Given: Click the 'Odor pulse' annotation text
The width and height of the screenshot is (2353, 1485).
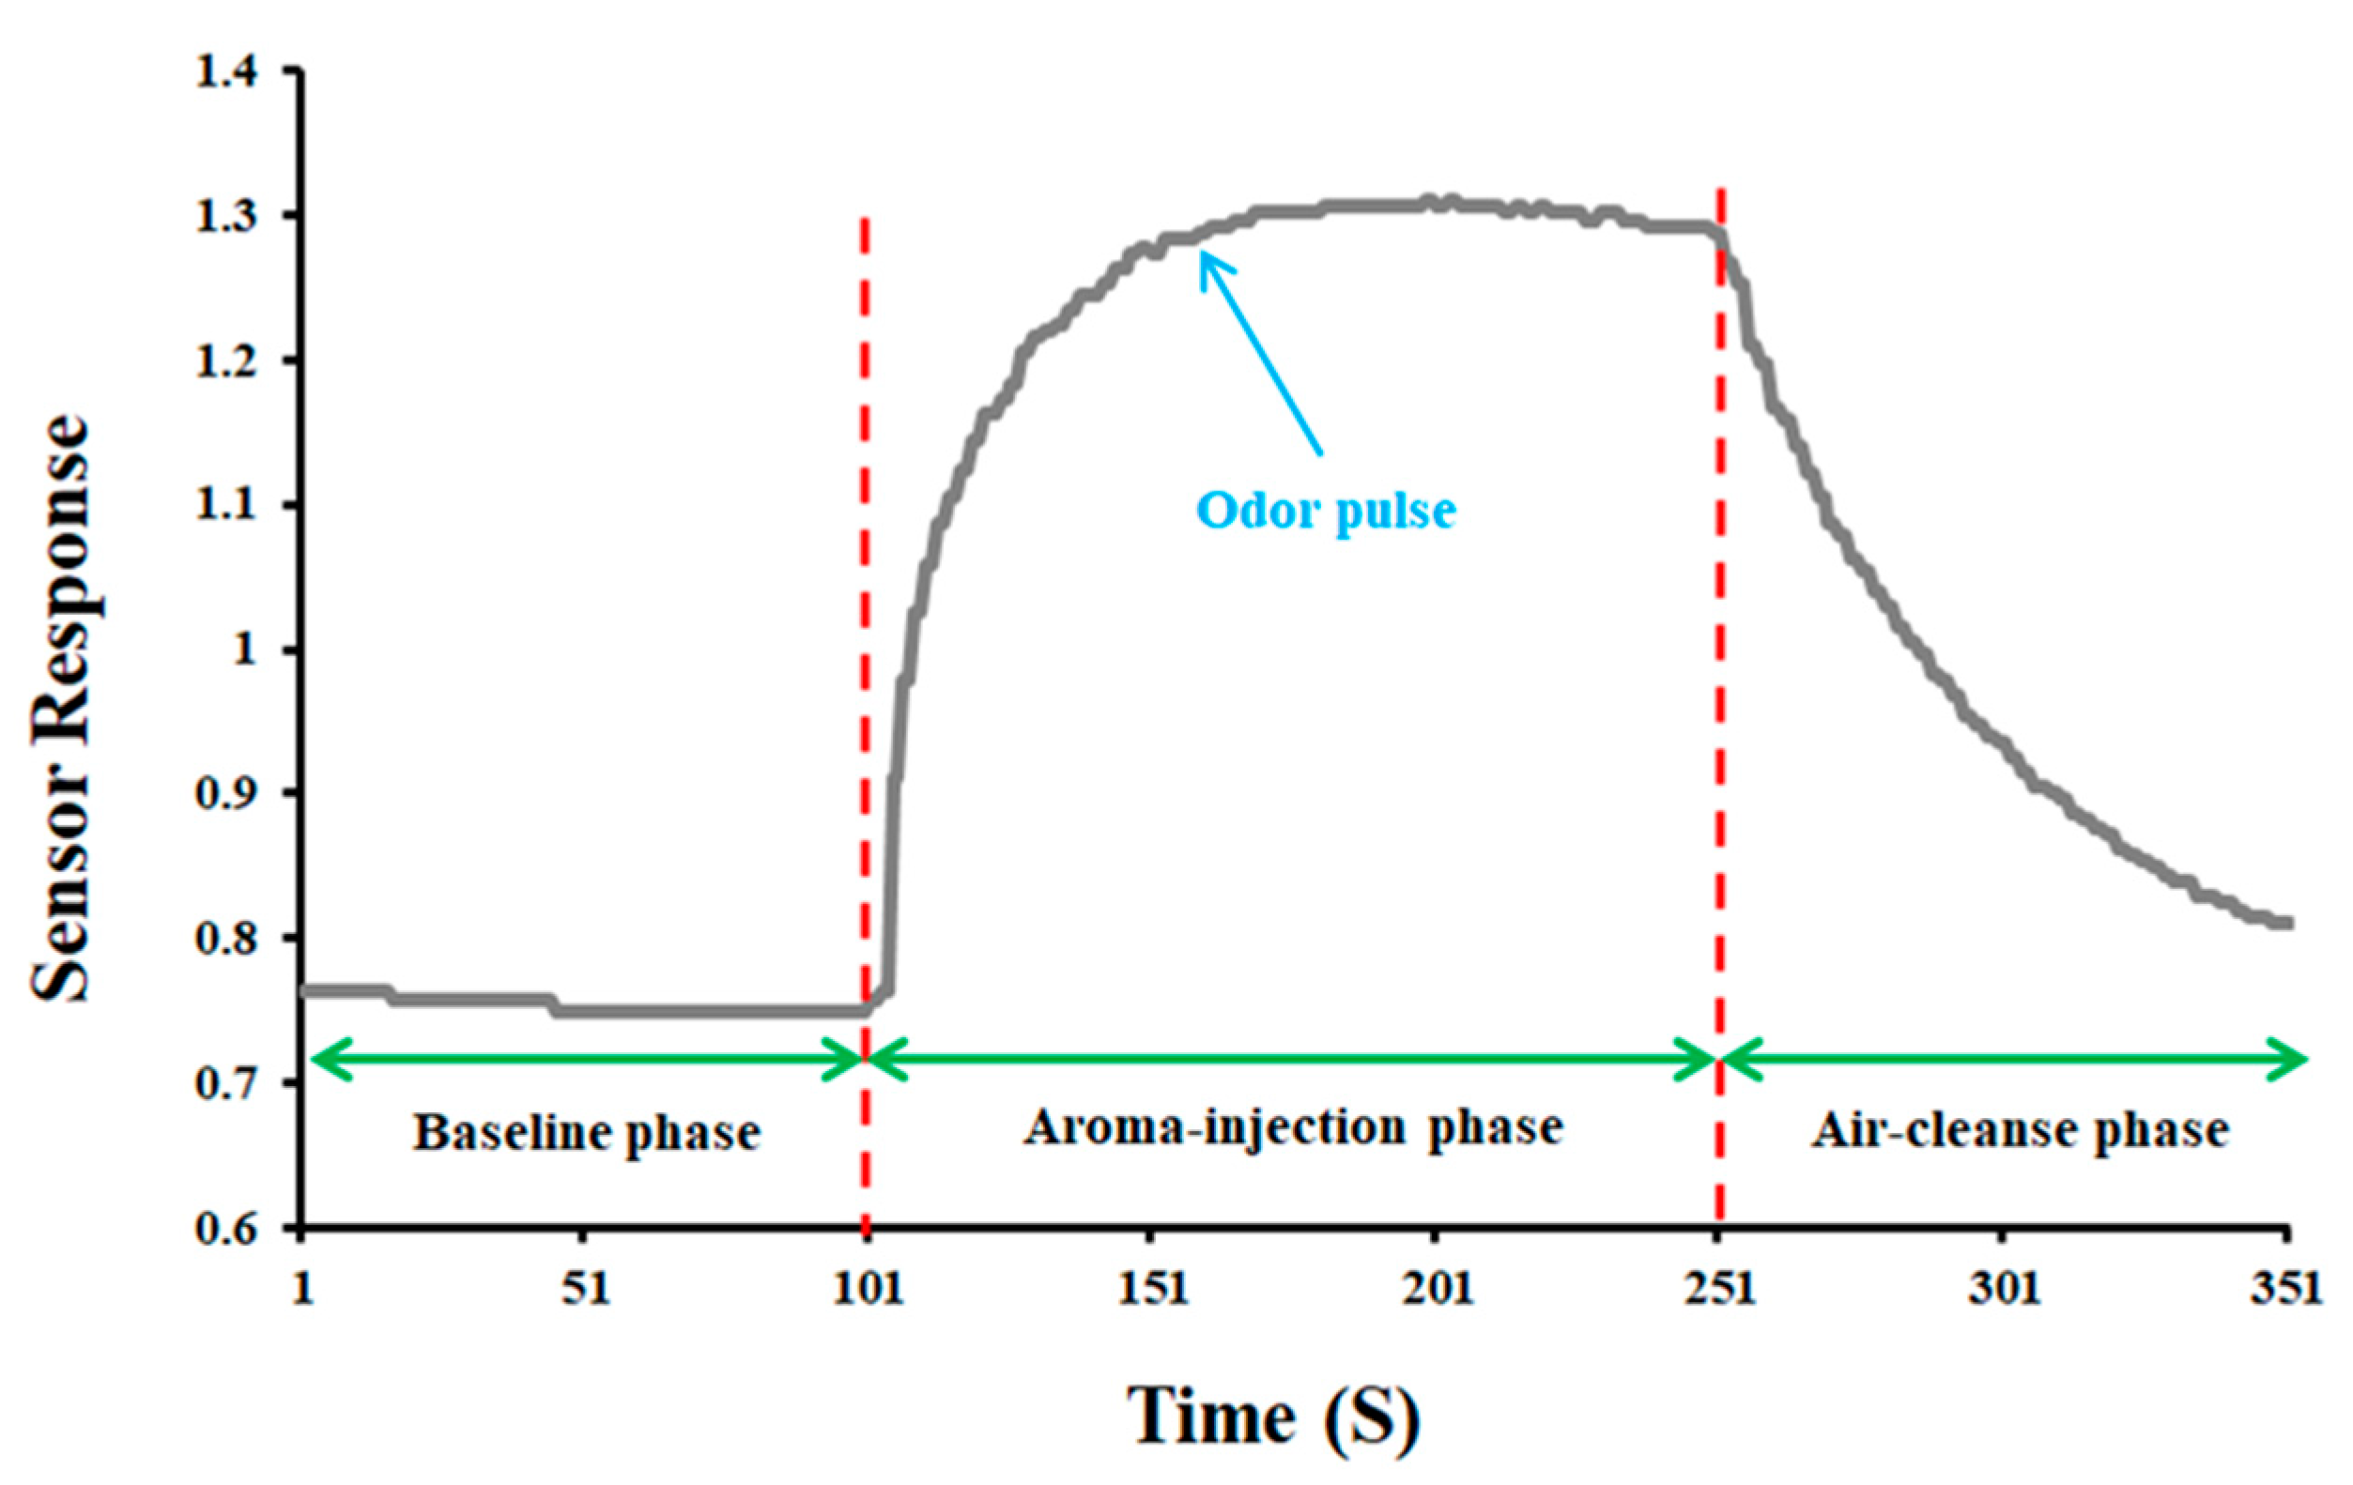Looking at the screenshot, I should pyautogui.click(x=1326, y=510).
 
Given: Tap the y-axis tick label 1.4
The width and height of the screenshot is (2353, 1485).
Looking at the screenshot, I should pyautogui.click(x=226, y=72).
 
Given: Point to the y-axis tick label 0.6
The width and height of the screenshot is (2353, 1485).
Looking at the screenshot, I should pyautogui.click(x=226, y=1228).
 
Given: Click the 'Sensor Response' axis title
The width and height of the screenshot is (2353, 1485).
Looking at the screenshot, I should pyautogui.click(x=61, y=709).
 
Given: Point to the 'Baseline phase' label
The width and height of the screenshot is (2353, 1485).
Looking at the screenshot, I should pyautogui.click(x=586, y=1133).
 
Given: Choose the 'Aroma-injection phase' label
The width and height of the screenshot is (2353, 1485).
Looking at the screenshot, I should pyautogui.click(x=1293, y=1127).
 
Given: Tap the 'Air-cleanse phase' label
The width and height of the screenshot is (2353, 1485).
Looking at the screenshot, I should pyautogui.click(x=2021, y=1131).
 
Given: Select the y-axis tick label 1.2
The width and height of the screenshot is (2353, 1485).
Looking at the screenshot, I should pyautogui.click(x=226, y=360).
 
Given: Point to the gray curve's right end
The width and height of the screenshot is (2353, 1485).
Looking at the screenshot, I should pyautogui.click(x=2289, y=923).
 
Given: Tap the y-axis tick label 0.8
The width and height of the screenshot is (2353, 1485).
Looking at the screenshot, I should pyautogui.click(x=226, y=939).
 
